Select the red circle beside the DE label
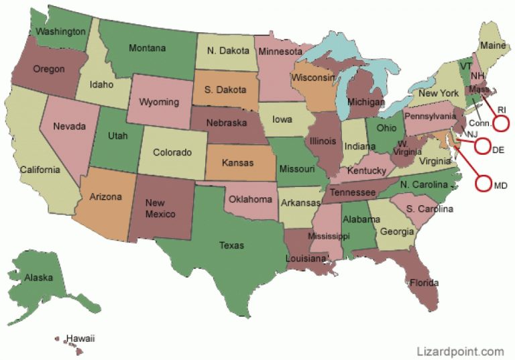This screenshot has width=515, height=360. [482, 149]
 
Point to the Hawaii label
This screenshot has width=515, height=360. [80, 339]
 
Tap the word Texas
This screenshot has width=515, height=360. [231, 245]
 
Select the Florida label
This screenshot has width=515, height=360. [424, 282]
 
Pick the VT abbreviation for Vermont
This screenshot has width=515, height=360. [465, 66]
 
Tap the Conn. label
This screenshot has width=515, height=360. [480, 123]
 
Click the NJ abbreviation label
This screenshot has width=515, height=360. [472, 134]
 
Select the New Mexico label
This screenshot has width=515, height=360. [160, 208]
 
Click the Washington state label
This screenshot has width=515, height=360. [60, 32]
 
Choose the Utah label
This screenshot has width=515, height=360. [119, 135]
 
